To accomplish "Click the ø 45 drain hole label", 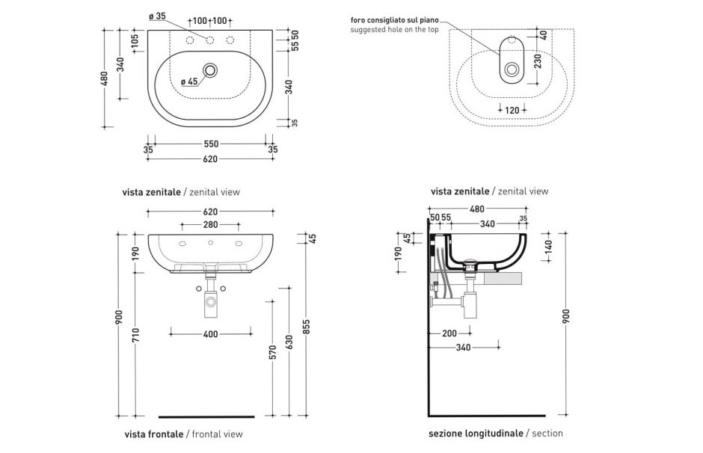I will pos(189,82).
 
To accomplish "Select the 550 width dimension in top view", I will pos(210,144).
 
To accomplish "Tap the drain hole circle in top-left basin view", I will pos(210,71).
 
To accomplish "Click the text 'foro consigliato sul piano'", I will pos(393,19).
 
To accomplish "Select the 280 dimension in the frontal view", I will pos(210,224).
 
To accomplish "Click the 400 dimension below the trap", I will pos(210,334).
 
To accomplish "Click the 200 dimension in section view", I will pos(449,334).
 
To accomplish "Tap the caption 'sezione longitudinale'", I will pos(476,433).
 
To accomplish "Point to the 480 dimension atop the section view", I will pos(477,209).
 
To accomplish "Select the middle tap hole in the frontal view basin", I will pos(210,244).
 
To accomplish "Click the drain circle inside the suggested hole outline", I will pos(512,70).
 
